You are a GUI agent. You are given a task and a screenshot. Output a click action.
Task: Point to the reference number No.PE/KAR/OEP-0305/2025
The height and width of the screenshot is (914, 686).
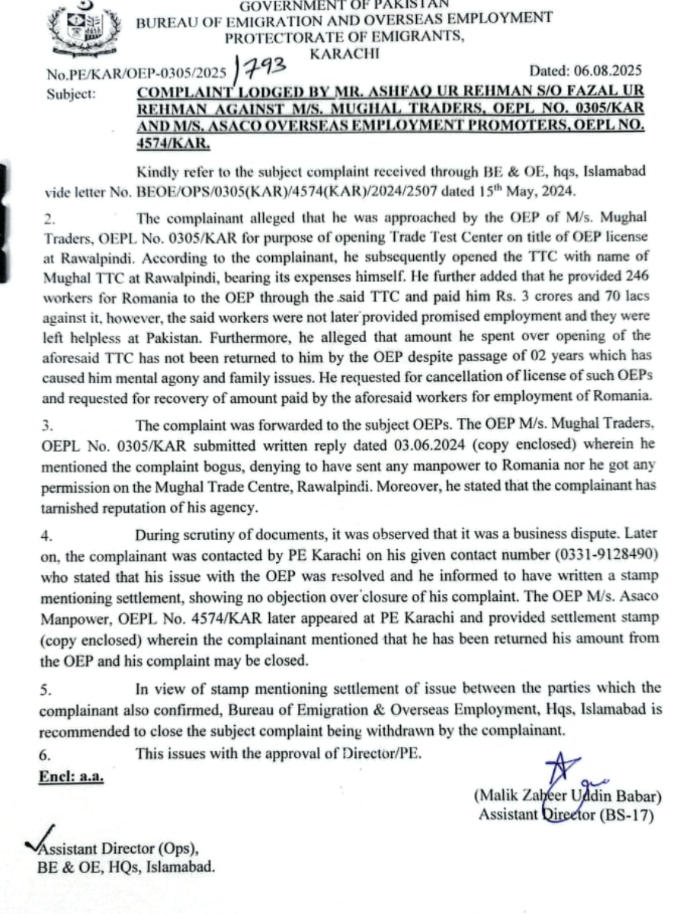pyautogui.click(x=137, y=73)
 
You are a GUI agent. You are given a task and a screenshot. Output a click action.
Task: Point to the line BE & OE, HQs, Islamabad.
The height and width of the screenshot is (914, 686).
pyautogui.click(x=126, y=866)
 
